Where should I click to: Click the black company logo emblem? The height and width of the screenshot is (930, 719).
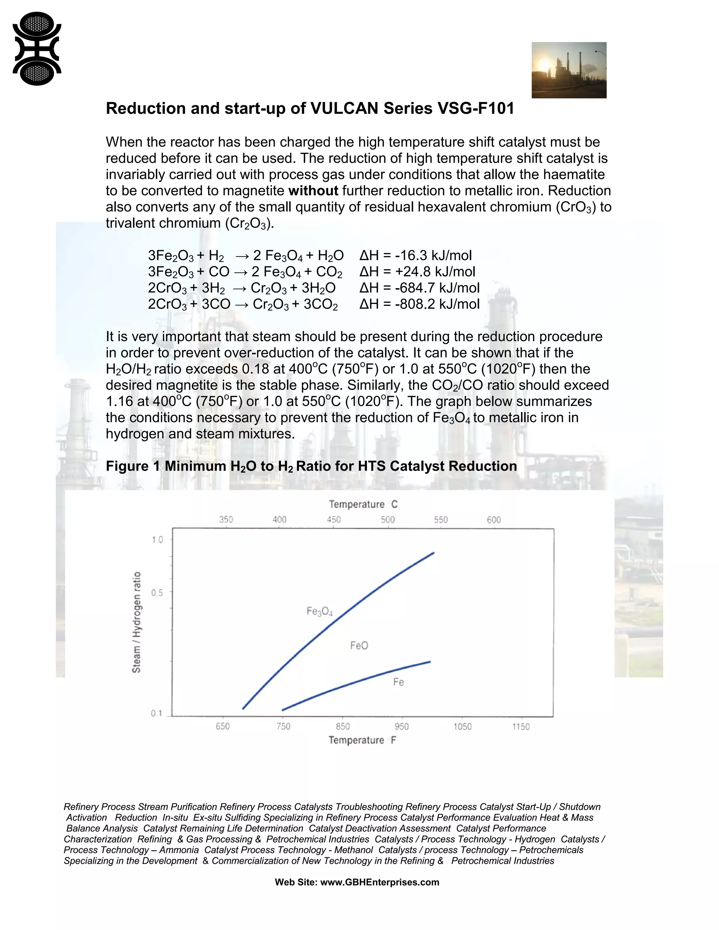(x=37, y=48)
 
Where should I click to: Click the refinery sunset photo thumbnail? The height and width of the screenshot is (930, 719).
(x=569, y=70)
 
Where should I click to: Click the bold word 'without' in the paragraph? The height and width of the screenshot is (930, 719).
(x=313, y=191)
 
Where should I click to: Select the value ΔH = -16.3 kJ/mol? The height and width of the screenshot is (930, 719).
(x=415, y=255)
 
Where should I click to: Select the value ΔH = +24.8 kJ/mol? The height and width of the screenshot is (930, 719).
(x=417, y=272)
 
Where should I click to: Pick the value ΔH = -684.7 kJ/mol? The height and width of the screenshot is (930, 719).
(x=419, y=288)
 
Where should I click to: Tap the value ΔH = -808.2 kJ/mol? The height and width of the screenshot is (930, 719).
(x=419, y=304)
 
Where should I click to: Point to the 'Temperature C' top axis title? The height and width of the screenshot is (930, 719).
(x=363, y=504)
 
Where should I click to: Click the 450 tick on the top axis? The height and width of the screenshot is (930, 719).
(x=334, y=519)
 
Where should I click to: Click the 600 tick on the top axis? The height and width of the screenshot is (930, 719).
(x=494, y=519)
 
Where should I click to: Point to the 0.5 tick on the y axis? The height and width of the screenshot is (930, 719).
(x=157, y=593)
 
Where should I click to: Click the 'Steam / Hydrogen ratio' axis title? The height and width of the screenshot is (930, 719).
(x=136, y=622)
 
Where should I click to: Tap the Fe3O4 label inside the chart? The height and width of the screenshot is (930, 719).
(x=319, y=611)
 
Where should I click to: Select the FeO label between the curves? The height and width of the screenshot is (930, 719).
(x=359, y=645)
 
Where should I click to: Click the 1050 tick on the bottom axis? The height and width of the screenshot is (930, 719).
(x=462, y=726)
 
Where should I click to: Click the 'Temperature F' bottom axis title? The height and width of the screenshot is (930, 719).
(x=362, y=740)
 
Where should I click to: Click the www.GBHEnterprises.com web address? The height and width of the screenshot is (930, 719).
(x=379, y=882)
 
